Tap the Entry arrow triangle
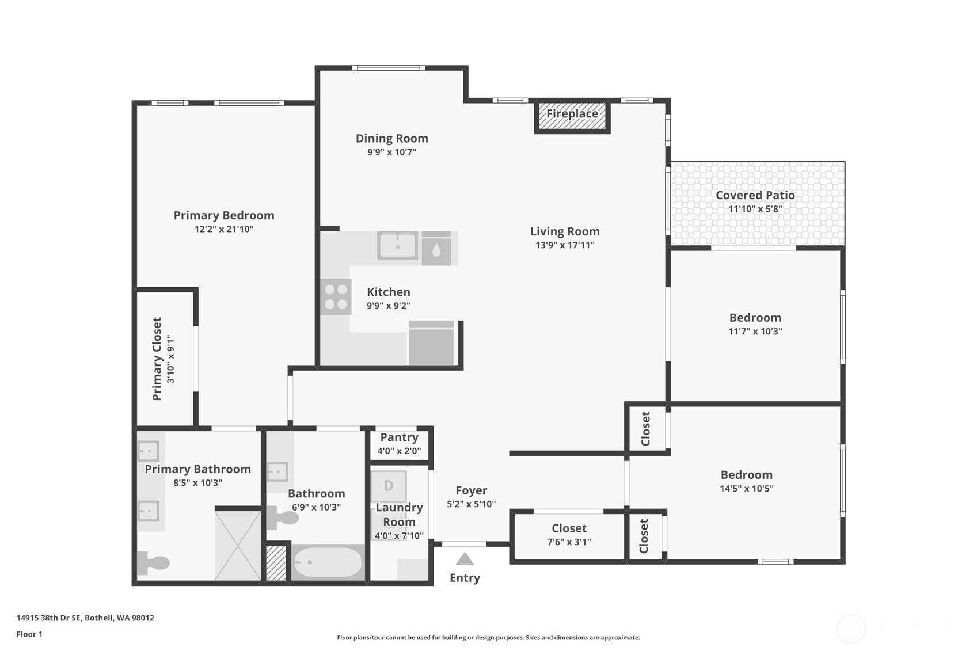(465, 559)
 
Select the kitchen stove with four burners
(336, 297)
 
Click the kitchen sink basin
(397, 246)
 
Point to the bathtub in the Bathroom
(328, 562)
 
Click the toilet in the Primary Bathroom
(153, 562)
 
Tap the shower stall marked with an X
(238, 545)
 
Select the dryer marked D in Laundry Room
(389, 486)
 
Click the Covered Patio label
(755, 195)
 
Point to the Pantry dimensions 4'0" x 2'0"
(399, 451)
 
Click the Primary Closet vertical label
(157, 359)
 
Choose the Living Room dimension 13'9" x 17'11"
(564, 245)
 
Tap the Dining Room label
(391, 138)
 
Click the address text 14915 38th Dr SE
(85, 618)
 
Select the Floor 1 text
(29, 634)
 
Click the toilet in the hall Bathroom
(282, 518)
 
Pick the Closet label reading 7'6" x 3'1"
(569, 542)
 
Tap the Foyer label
(471, 490)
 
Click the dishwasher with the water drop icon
(436, 249)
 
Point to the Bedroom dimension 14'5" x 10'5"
(746, 489)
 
